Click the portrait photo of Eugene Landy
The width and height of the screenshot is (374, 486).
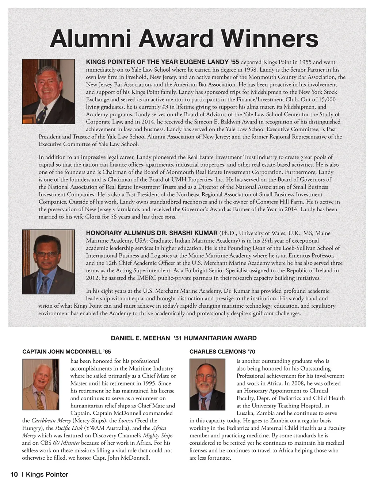pyautogui.click(x=48, y=91)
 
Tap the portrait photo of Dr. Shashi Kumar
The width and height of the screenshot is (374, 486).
pyautogui.click(x=48, y=262)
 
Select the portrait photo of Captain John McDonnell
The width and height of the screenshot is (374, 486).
pyautogui.click(x=41, y=384)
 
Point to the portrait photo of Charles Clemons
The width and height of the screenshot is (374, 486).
pyautogui.click(x=207, y=384)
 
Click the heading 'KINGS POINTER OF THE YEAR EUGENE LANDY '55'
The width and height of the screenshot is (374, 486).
pyautogui.click(x=162, y=62)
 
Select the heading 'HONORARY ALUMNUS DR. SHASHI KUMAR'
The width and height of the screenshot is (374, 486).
pyautogui.click(x=152, y=233)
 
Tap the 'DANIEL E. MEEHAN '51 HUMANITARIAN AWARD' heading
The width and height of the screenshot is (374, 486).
pyautogui.click(x=184, y=338)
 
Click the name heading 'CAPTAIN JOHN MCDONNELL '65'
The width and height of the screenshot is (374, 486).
pyautogui.click(x=66, y=352)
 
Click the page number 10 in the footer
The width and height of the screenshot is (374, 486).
pyautogui.click(x=14, y=475)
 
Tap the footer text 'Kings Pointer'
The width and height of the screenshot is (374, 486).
pyautogui.click(x=47, y=475)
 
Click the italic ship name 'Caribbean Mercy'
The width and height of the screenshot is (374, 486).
pyautogui.click(x=51, y=421)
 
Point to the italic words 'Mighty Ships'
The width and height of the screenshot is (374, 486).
pyautogui.click(x=157, y=436)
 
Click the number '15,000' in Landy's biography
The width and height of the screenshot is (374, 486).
pyautogui.click(x=327, y=99)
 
